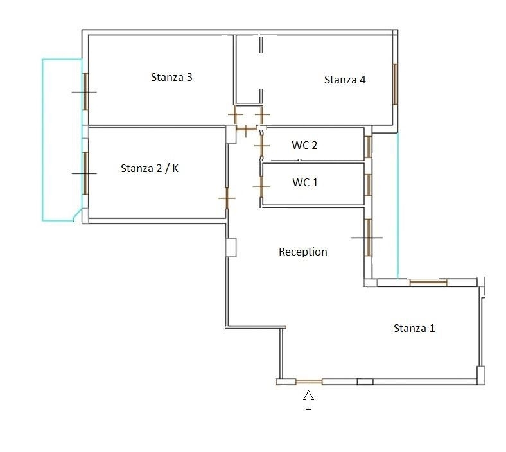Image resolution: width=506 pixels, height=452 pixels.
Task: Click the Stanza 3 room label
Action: click(171, 77)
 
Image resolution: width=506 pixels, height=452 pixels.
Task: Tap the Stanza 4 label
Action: click(345, 80)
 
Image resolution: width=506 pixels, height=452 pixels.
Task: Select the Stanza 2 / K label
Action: click(150, 168)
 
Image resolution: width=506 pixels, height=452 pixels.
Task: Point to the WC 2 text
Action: click(304, 145)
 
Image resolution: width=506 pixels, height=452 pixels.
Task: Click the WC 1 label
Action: click(305, 182)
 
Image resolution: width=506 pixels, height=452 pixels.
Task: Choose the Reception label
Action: click(302, 252)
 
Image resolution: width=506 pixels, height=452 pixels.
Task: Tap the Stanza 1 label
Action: click(414, 328)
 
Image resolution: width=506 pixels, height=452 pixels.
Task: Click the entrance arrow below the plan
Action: click(308, 400)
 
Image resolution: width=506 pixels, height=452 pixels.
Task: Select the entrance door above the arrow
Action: click(309, 382)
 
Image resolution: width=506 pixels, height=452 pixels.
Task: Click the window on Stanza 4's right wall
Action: click(395, 84)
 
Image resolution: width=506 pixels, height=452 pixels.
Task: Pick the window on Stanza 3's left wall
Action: click(85, 92)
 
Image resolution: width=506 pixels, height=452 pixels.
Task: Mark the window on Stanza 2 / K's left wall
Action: click(85, 173)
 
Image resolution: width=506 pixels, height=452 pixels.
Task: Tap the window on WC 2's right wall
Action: click(368, 147)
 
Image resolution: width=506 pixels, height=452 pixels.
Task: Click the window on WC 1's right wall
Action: click(368, 185)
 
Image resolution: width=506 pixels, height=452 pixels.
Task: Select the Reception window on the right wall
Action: click(368, 238)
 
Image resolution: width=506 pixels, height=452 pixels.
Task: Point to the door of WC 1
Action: click(261, 186)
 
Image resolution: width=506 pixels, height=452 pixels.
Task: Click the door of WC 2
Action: click(261, 146)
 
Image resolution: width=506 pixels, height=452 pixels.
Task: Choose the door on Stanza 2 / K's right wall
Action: click(227, 198)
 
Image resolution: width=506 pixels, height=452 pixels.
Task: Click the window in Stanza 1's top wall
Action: click(428, 283)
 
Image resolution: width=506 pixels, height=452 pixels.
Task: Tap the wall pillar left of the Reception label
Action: click(231, 247)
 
